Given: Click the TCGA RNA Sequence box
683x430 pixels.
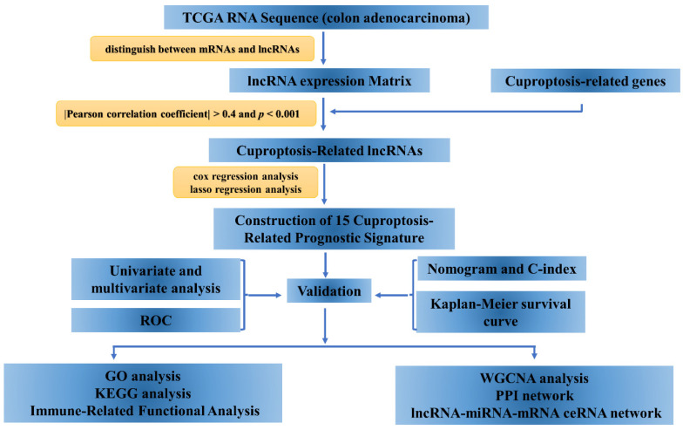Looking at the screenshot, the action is coord(326,17).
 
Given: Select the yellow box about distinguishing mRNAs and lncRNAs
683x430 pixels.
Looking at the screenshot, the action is coord(202,49).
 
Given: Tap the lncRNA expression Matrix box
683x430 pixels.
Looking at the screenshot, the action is coord(329,80).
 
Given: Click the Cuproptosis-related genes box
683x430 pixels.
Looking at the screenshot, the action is coord(585,80).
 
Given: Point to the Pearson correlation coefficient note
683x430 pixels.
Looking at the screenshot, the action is coord(186,113).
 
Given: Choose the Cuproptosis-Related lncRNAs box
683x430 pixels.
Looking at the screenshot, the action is coord(329,150).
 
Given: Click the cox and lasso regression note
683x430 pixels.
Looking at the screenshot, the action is coord(246,182).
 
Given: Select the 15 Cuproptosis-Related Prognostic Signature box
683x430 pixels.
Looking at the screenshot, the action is coord(334,229).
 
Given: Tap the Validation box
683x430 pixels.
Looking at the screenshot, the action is coord(329,290).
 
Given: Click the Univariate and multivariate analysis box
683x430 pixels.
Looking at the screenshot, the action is coord(156,279).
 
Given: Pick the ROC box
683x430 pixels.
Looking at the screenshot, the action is coord(156,320).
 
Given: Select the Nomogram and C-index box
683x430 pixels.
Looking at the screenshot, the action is coord(502,269).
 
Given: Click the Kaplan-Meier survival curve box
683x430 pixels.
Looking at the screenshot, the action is coord(501,312).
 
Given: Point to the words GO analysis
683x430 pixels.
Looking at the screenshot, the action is coord(143,376).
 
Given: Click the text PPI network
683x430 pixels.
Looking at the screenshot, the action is coord(535,396).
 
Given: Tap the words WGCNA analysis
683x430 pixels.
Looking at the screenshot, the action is coord(535,379).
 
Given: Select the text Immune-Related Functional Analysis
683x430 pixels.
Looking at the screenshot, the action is coord(145,411).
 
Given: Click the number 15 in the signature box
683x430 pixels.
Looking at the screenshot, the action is coord(342,220).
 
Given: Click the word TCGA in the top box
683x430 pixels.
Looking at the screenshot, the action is coord(202,17).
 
